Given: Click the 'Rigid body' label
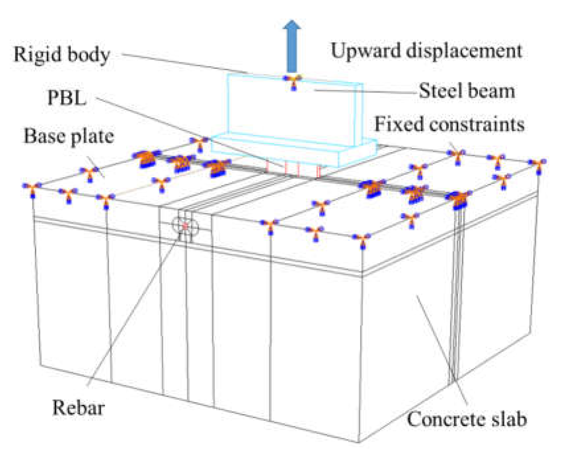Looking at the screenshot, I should [x=62, y=54].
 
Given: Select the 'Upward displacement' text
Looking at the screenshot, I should [x=426, y=51].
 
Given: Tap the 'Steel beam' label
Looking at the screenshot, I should [x=467, y=91].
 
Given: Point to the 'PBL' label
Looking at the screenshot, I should [x=67, y=98].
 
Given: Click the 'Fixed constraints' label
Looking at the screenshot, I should [x=449, y=125].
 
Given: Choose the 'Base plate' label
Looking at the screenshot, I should [x=69, y=136].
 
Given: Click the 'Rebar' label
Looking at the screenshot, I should [x=79, y=408].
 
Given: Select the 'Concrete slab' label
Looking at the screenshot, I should [x=467, y=419].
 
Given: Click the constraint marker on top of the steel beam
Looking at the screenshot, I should [x=293, y=81].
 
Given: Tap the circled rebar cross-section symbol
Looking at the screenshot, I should [x=185, y=226].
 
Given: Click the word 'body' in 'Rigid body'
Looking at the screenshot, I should [x=89, y=54].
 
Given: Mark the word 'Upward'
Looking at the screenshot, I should [x=365, y=51].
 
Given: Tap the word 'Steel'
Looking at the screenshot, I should [x=441, y=91].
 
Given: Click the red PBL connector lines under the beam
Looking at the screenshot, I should [x=293, y=169].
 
